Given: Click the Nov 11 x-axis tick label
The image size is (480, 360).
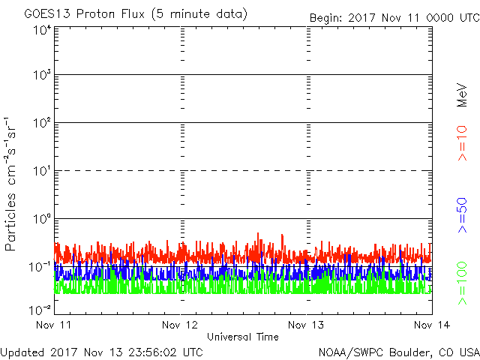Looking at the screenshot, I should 55,325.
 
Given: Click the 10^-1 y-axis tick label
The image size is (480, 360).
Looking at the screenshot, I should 40,267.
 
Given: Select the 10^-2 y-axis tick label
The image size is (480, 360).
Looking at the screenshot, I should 40,308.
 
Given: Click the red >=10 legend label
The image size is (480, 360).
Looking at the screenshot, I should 463,143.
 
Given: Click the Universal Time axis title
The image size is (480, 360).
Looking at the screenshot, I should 243,337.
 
